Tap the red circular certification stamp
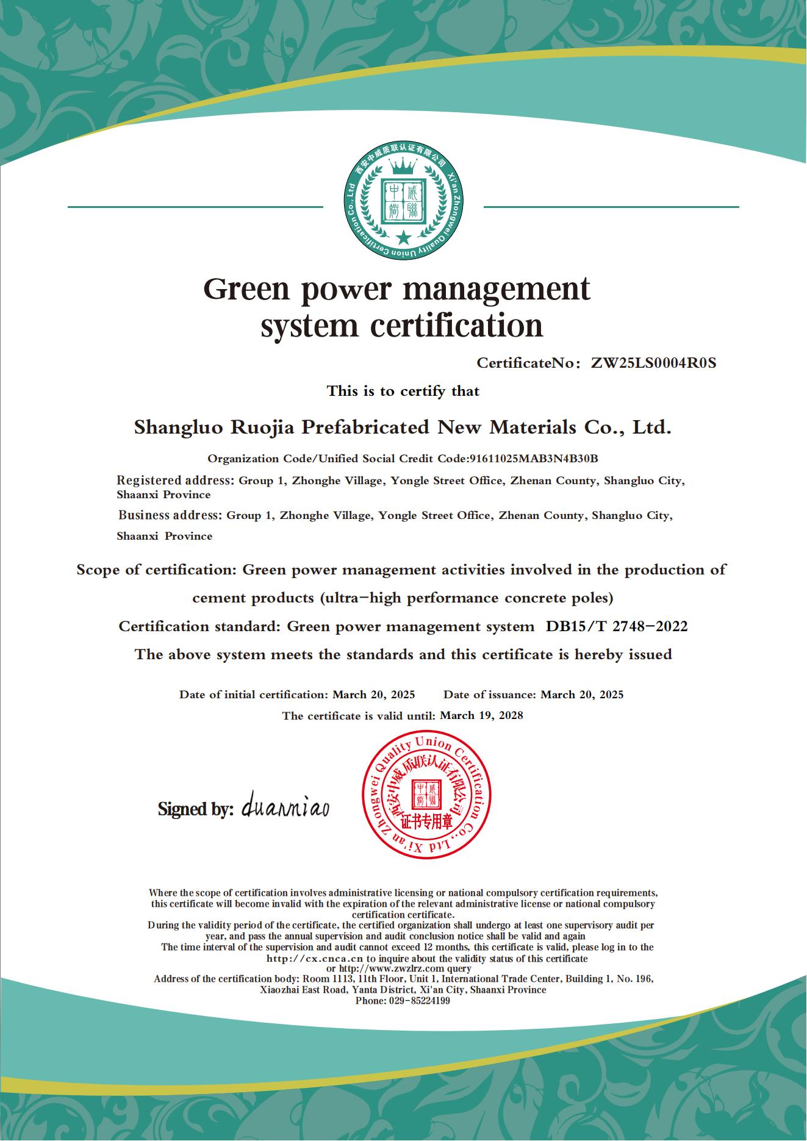click(x=426, y=796)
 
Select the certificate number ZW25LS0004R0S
click(x=653, y=363)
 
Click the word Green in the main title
click(x=244, y=289)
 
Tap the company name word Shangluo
click(x=178, y=427)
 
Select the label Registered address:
click(x=175, y=481)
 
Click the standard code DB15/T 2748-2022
click(x=616, y=626)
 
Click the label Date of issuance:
click(x=490, y=695)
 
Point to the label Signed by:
click(x=195, y=809)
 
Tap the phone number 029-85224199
click(x=419, y=1001)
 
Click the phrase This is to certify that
click(x=403, y=391)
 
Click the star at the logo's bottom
click(x=403, y=237)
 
